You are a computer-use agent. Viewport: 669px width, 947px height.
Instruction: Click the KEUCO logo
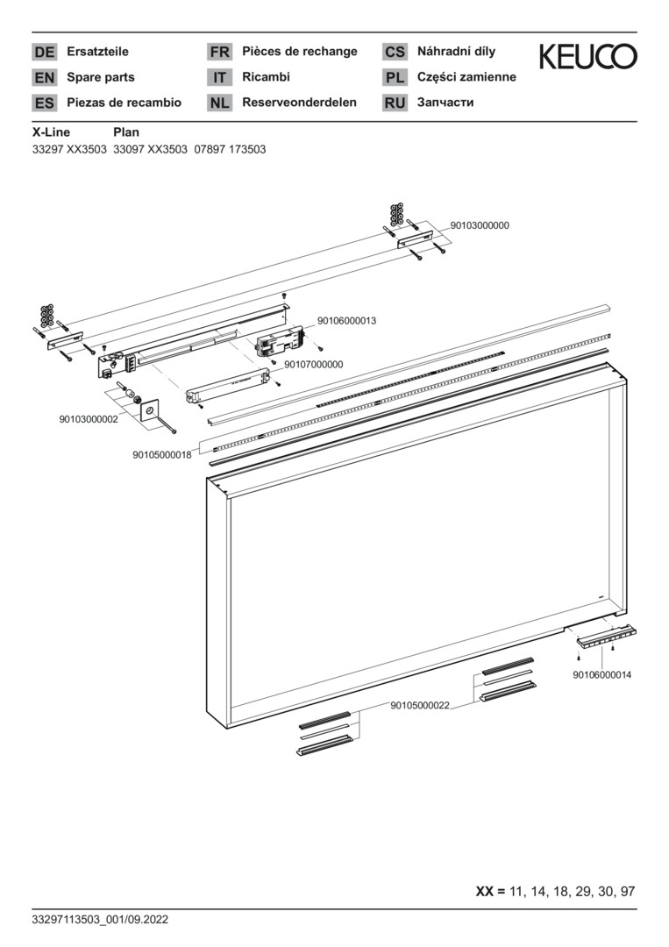point(587,56)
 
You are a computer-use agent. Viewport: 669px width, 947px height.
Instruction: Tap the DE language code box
point(44,52)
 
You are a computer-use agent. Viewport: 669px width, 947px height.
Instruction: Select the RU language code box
point(395,103)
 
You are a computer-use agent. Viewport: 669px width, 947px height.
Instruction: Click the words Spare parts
point(100,77)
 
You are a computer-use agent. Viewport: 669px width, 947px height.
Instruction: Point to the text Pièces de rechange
point(300,52)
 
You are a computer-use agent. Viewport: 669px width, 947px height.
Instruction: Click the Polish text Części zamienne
point(466,76)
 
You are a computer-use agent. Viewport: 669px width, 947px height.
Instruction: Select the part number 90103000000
point(480,225)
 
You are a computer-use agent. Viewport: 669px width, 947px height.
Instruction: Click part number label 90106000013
point(346,321)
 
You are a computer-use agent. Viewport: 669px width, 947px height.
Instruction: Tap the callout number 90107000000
point(313,364)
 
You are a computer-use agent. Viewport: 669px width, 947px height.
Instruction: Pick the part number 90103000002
point(89,419)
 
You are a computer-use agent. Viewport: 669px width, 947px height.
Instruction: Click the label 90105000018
point(162,455)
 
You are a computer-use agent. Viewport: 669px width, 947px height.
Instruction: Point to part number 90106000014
point(602,674)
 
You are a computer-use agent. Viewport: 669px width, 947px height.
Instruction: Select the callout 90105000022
point(420,705)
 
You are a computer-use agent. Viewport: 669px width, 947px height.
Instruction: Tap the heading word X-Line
point(51,132)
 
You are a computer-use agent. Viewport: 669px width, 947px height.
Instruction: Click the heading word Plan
point(126,132)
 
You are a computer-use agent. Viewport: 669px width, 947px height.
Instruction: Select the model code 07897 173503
point(230,149)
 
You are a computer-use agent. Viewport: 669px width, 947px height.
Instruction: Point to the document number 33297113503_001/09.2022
point(100,920)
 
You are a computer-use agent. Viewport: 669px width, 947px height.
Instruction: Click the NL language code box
point(219,103)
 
